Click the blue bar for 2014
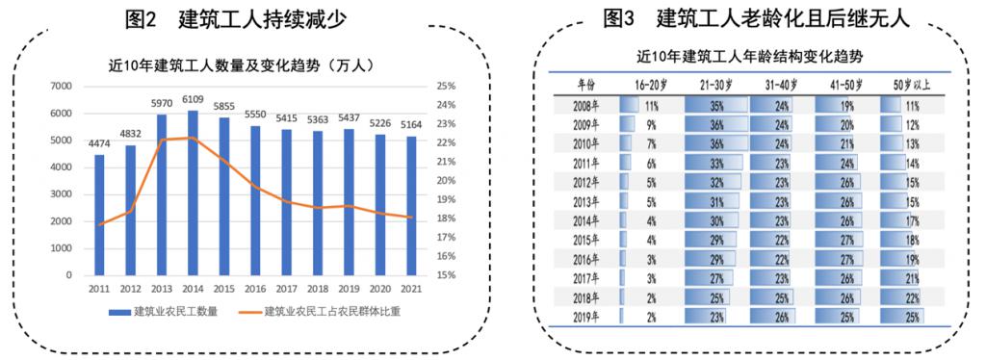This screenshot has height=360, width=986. point(193,193)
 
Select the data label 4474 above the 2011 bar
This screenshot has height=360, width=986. point(99,145)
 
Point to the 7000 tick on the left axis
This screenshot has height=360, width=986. point(61,87)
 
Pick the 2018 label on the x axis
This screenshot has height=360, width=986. point(318,288)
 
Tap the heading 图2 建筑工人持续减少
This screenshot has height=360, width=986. point(236,18)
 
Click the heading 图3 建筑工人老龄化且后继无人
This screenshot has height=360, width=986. point(755,18)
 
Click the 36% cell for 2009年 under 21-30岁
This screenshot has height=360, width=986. point(714,124)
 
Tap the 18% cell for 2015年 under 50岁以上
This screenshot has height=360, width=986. point(909,239)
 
